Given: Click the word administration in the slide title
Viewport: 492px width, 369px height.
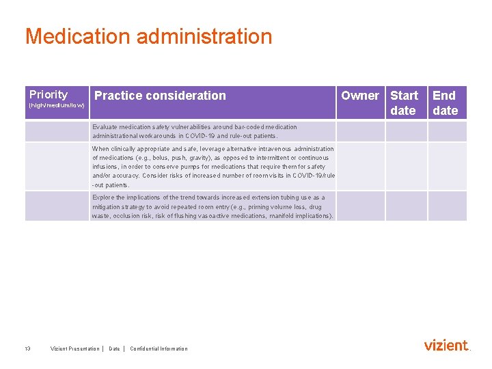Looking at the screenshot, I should [204, 36].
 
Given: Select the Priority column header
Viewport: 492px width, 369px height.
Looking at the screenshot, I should [49, 95].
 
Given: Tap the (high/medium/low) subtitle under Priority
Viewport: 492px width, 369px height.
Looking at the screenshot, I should [57, 106].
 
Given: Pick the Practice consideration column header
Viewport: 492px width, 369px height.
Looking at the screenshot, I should [160, 96].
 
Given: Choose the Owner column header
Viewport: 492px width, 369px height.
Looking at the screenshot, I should [359, 96].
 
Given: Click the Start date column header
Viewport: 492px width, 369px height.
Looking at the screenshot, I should [404, 102].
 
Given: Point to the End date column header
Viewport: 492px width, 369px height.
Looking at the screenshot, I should [445, 102].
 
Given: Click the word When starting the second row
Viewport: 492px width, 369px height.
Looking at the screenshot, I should [100, 149].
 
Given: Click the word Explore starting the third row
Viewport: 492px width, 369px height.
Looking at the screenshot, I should [103, 197].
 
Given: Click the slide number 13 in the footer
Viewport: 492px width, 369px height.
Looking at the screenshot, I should [27, 348].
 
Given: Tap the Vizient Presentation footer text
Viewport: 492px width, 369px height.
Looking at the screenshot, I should [74, 348].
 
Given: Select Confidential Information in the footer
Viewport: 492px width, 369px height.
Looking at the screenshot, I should [159, 348].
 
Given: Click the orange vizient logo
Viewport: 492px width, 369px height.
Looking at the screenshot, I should [446, 345].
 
